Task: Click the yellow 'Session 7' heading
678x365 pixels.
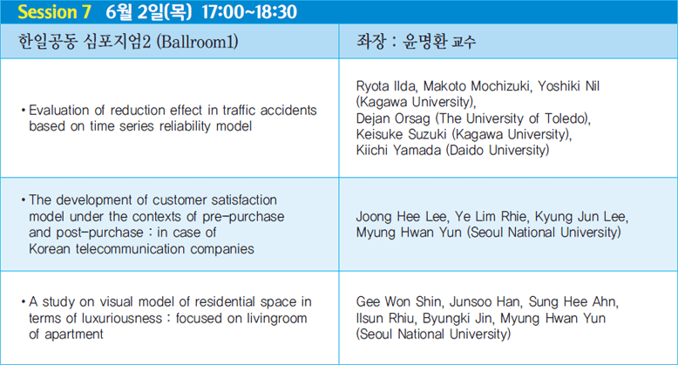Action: click(x=54, y=11)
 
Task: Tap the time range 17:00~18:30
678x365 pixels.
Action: click(x=249, y=11)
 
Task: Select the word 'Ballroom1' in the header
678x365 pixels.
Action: click(x=197, y=42)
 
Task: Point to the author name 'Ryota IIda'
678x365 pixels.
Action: click(x=386, y=86)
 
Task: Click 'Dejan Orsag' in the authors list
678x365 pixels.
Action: click(x=393, y=118)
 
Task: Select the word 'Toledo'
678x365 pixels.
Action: click(x=566, y=118)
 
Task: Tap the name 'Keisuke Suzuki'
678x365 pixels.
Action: click(x=401, y=134)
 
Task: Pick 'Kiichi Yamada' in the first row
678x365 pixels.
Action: click(x=398, y=150)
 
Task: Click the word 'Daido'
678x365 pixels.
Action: click(x=466, y=150)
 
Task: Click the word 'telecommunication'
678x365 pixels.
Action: click(x=131, y=249)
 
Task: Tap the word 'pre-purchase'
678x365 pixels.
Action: click(x=243, y=217)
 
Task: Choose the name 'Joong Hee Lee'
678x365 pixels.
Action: click(x=402, y=216)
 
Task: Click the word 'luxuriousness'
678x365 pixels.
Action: click(x=121, y=318)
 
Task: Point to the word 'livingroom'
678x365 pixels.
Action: click(x=277, y=319)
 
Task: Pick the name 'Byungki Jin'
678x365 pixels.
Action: click(x=458, y=318)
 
